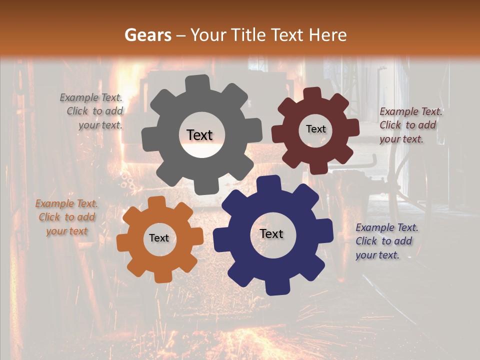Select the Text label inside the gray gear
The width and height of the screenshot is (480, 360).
pos(199,135)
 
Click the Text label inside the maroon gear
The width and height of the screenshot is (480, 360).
pos(315,129)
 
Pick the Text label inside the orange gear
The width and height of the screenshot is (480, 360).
pos(159,238)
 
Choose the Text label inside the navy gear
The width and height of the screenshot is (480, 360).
pos(271,234)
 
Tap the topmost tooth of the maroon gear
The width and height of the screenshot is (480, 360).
pos(312,94)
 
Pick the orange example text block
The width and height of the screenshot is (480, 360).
pos(66,217)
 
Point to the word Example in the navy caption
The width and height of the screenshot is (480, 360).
pos(373,227)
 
